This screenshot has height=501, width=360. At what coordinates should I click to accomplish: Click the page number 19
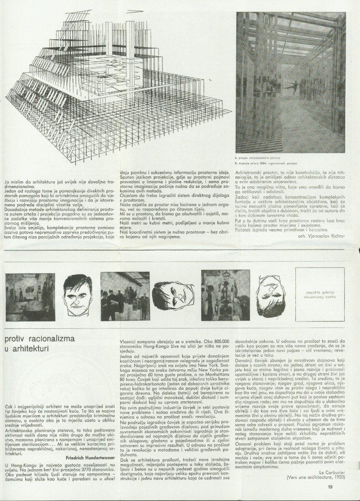[330, 486]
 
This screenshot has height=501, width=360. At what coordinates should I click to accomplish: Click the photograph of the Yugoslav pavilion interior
[290, 82]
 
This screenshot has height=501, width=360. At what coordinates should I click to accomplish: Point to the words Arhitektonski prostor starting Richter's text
[256, 172]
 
